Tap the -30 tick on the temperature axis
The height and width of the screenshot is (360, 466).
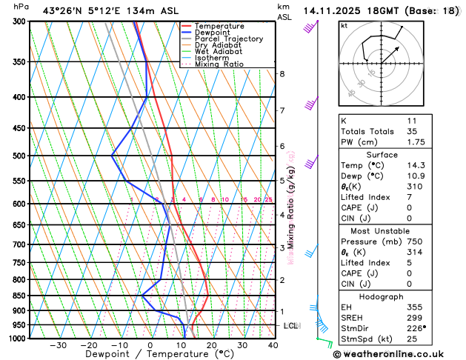(58, 345)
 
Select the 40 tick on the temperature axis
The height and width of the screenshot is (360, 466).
(273, 345)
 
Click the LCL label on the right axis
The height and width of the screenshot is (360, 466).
(291, 326)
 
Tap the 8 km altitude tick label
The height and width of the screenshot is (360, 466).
(282, 74)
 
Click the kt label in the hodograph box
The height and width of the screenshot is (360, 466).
(344, 26)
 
